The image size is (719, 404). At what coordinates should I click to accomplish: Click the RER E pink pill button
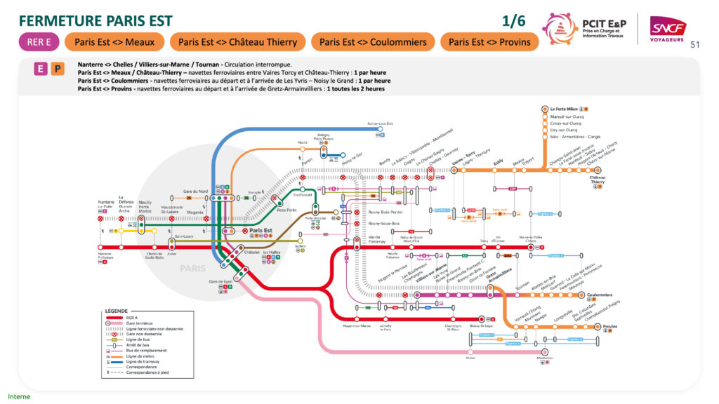(x=39, y=42)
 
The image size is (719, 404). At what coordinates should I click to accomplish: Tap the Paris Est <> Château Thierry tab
(x=237, y=42)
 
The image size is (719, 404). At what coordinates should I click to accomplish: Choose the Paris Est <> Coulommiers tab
(x=373, y=42)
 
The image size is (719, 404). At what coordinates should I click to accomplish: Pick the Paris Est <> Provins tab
(x=490, y=42)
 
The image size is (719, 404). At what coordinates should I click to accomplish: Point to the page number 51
(x=696, y=45)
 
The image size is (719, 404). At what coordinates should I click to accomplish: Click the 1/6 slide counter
(x=515, y=21)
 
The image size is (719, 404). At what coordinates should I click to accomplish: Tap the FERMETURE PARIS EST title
(x=95, y=20)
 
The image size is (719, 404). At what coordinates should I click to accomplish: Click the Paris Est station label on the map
(x=260, y=231)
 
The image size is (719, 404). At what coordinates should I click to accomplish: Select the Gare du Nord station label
(x=195, y=191)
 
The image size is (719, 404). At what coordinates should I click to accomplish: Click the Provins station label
(x=609, y=327)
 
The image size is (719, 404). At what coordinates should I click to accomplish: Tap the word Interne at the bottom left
(x=19, y=396)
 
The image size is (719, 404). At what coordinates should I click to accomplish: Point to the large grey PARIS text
(x=193, y=269)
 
